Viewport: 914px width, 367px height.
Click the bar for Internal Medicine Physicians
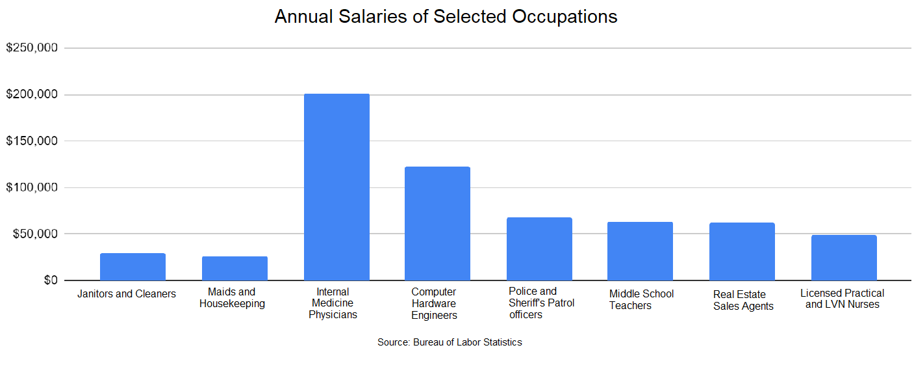click(336, 187)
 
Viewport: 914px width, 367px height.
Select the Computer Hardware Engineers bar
click(437, 224)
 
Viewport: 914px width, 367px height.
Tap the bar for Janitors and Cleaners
click(133, 267)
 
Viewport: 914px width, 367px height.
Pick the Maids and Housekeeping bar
click(235, 268)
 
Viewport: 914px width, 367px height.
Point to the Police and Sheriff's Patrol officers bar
click(539, 249)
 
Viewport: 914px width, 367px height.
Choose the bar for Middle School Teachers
click(640, 251)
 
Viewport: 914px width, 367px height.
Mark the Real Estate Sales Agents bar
click(742, 252)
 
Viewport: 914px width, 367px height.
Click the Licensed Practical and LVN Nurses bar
click(844, 258)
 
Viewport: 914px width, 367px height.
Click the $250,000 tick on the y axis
click(32, 48)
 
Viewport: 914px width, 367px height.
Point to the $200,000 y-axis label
click(32, 95)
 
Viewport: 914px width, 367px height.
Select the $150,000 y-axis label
click(32, 141)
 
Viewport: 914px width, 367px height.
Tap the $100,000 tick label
click(32, 187)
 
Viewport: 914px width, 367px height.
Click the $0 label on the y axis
click(49, 280)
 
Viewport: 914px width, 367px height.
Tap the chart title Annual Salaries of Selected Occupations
click(446, 17)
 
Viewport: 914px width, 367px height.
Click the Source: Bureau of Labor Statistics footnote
click(450, 342)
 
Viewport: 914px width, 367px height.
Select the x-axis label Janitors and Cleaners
click(127, 294)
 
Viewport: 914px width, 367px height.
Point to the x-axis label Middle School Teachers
click(641, 300)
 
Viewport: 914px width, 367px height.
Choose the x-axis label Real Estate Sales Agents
click(743, 301)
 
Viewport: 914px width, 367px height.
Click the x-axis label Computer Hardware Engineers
click(434, 304)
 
